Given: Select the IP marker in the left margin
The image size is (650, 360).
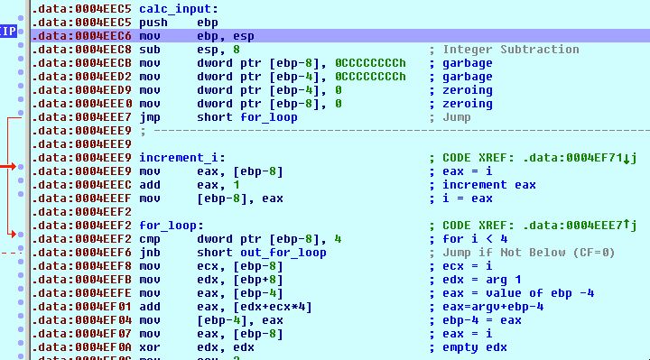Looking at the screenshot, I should click(x=8, y=32).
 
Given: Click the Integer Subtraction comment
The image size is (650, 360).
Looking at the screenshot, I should click(x=510, y=49).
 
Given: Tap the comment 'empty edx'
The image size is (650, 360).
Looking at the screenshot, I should click(x=474, y=347).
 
